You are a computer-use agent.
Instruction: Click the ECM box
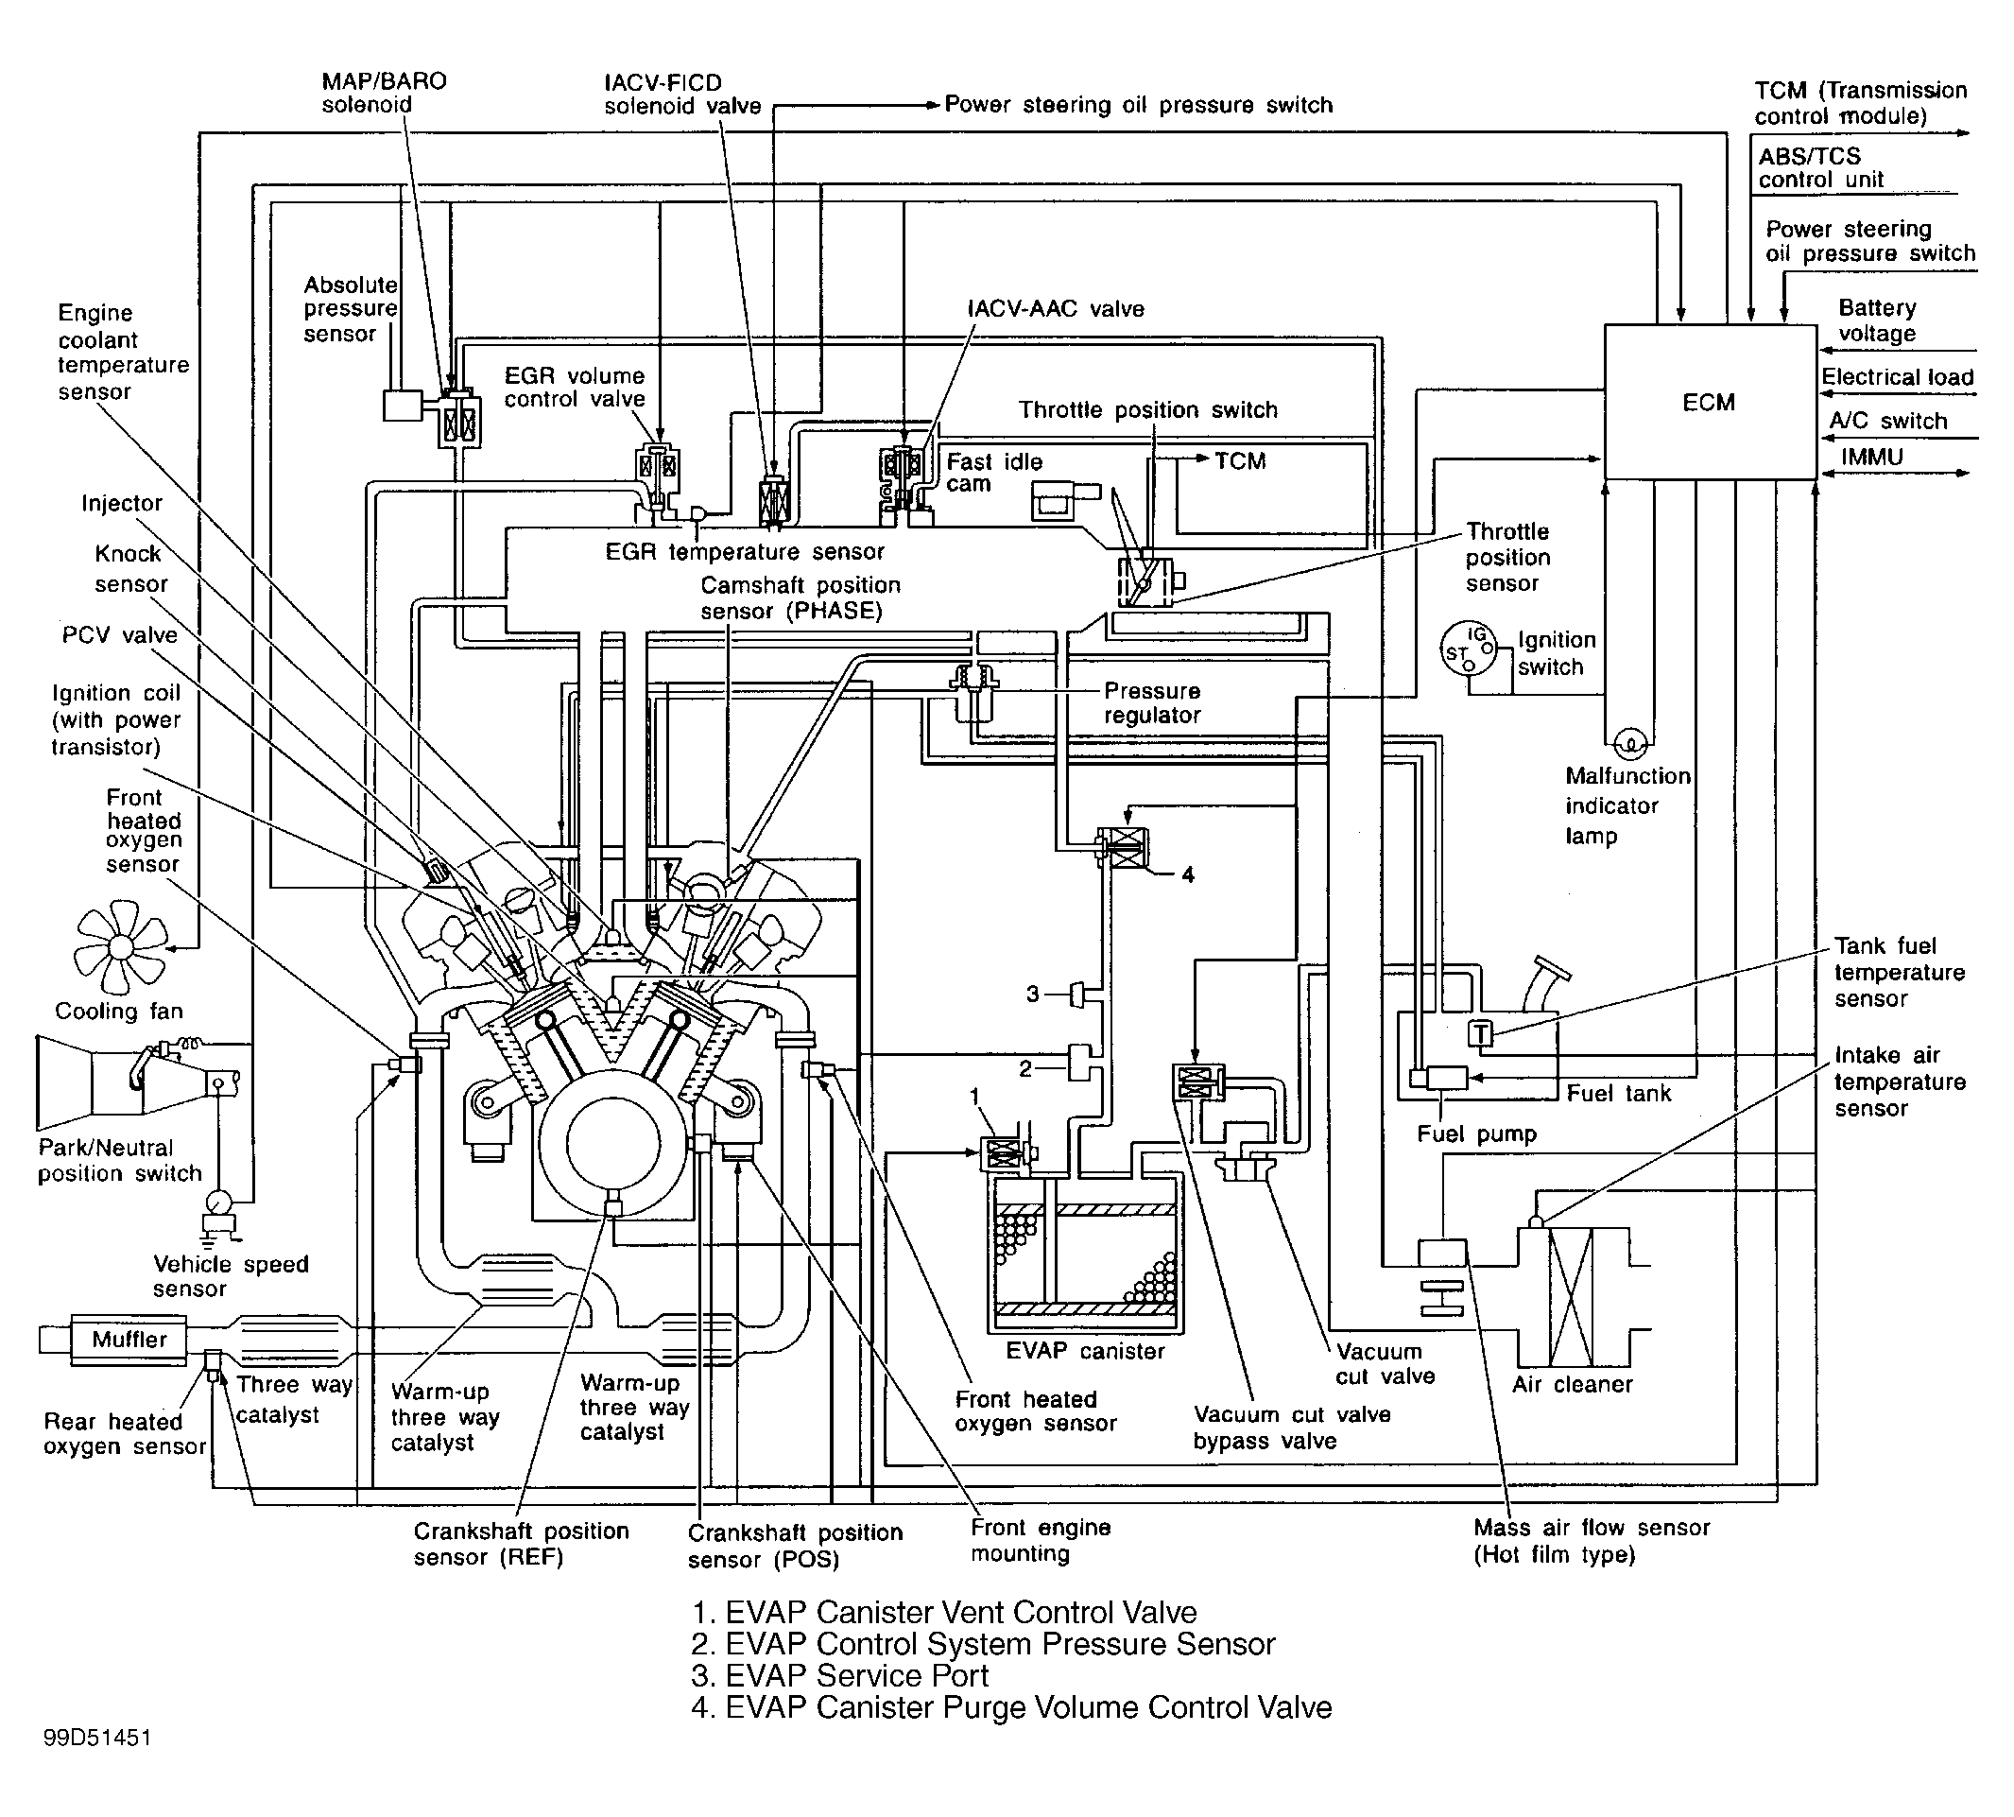(x=1709, y=402)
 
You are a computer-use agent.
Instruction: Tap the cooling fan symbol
(x=121, y=946)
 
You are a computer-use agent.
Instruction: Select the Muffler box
(x=129, y=1339)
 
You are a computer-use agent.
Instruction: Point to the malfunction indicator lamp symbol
(x=1629, y=743)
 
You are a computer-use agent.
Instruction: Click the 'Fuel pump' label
(x=1476, y=1133)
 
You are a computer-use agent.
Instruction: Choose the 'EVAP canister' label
(x=1085, y=1351)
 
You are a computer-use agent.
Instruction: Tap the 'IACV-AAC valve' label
(x=1056, y=308)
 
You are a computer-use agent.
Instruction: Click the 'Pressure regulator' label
(x=1152, y=702)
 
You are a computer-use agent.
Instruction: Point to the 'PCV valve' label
(x=120, y=635)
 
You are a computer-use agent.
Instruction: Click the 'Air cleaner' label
(x=1572, y=1384)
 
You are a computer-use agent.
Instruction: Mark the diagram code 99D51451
(x=96, y=1738)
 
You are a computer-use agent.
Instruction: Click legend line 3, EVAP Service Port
(x=839, y=1675)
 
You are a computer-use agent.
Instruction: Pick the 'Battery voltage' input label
(x=1876, y=320)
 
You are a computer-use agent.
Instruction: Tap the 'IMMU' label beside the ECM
(x=1872, y=457)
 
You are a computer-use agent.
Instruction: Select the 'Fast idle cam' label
(x=993, y=473)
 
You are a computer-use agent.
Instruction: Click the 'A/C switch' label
(x=1887, y=421)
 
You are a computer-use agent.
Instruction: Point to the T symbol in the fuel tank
(x=1481, y=1033)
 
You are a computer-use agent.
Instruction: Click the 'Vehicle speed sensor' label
(x=231, y=1276)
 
